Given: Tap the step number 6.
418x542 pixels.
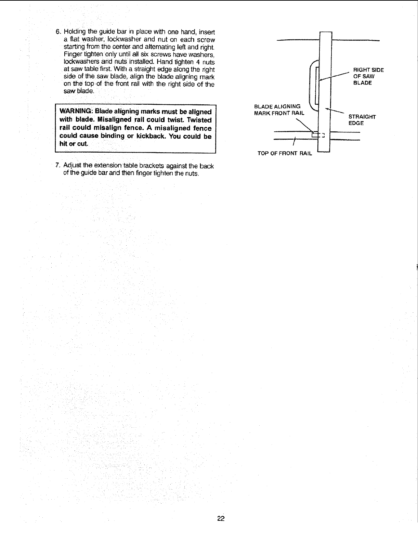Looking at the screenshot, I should click(x=57, y=32).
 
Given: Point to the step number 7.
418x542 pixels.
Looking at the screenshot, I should click(x=57, y=166).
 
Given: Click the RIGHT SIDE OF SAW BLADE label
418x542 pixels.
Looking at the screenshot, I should click(x=368, y=76).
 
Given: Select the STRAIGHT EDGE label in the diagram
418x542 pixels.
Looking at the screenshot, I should click(x=362, y=120).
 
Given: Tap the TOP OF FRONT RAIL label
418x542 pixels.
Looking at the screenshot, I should click(x=285, y=153).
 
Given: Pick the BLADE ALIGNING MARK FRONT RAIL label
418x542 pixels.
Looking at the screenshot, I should click(x=278, y=109).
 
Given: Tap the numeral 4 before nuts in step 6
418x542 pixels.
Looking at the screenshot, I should click(x=199, y=62).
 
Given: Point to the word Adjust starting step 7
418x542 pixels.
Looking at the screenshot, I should click(x=71, y=166).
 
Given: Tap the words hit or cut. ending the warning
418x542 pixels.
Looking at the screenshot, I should click(x=74, y=144).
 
